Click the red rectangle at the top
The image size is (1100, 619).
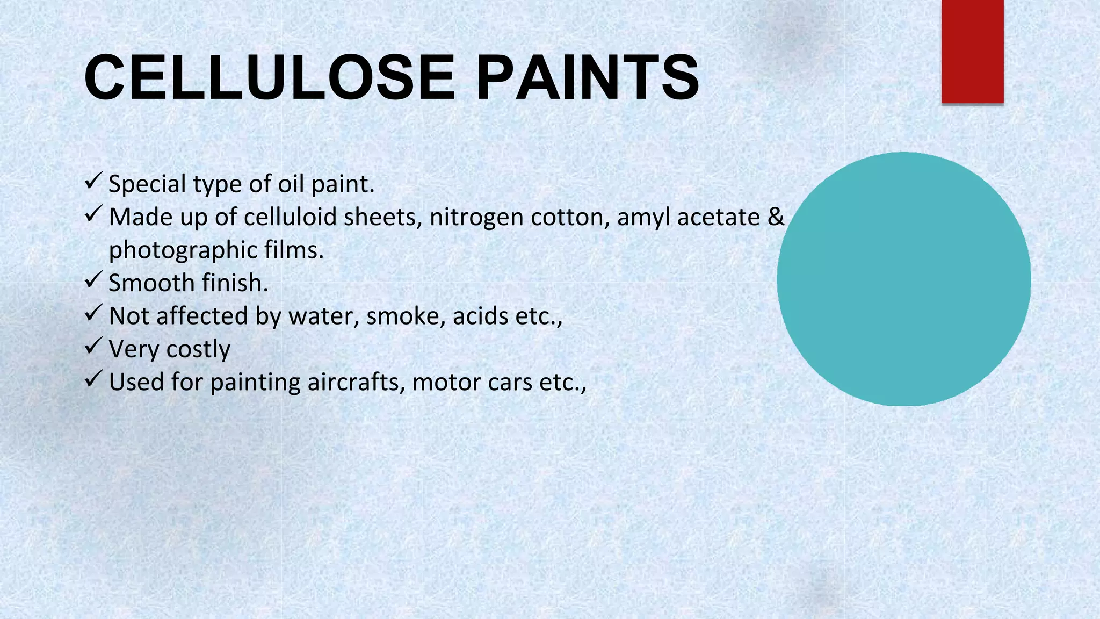click(x=972, y=51)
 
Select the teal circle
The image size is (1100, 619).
click(x=903, y=279)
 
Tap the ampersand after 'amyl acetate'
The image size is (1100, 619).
click(x=776, y=217)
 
